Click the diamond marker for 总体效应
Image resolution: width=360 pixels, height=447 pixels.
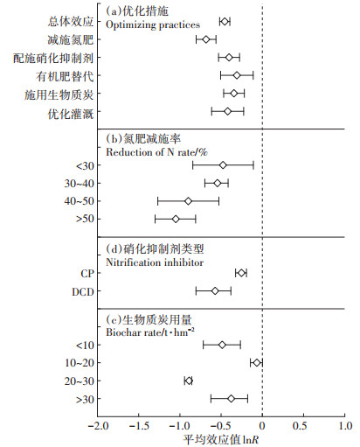point(225,21)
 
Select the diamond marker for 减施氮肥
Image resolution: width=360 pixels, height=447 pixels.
point(206,39)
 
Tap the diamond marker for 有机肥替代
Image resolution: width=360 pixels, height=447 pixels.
point(237,75)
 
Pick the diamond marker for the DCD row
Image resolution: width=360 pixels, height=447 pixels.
point(215,291)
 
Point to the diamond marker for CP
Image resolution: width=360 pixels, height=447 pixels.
point(241,273)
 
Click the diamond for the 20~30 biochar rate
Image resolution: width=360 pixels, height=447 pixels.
point(189,381)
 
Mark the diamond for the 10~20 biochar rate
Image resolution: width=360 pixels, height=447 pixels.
point(257,363)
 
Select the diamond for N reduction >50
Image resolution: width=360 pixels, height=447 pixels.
point(176,219)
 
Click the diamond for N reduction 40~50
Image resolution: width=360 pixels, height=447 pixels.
point(188,201)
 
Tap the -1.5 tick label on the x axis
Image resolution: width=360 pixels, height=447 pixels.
point(139,426)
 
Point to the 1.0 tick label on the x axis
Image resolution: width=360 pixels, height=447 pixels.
point(345,426)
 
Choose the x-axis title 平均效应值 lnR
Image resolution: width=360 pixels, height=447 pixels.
point(220,440)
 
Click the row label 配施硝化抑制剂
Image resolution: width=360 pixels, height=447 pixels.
point(53,59)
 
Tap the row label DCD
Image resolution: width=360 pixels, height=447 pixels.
point(83,291)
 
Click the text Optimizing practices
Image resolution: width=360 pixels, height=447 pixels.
point(153,25)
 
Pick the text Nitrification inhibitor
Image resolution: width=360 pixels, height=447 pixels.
point(155,262)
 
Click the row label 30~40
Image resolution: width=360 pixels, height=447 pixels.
point(80,184)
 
